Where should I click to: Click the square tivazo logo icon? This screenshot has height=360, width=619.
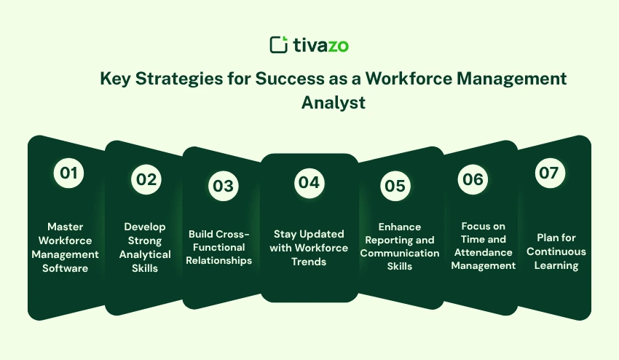pyautogui.click(x=279, y=44)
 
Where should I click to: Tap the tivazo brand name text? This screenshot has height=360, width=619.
pyautogui.click(x=321, y=45)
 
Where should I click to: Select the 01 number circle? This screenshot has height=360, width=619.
pyautogui.click(x=68, y=173)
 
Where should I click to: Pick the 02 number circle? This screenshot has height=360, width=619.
pyautogui.click(x=146, y=179)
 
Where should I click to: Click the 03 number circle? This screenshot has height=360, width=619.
pyautogui.click(x=224, y=186)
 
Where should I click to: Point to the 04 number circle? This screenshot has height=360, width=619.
pyautogui.click(x=309, y=183)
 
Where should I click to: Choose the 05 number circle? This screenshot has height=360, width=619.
pyautogui.click(x=395, y=186)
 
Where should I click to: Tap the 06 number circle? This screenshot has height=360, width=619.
pyautogui.click(x=473, y=179)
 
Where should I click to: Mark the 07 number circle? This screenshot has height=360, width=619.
pyautogui.click(x=550, y=173)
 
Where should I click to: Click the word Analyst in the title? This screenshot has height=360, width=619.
pyautogui.click(x=334, y=103)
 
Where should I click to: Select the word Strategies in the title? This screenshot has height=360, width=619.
pyautogui.click(x=179, y=79)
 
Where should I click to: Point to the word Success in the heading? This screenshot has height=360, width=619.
pyautogui.click(x=290, y=79)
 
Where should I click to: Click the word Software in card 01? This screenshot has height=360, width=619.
pyautogui.click(x=65, y=268)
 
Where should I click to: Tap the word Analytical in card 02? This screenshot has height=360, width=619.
pyautogui.click(x=145, y=255)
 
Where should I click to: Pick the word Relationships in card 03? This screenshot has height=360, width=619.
pyautogui.click(x=218, y=261)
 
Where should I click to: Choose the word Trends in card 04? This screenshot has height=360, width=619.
pyautogui.click(x=309, y=262)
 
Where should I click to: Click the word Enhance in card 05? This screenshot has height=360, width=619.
pyautogui.click(x=400, y=227)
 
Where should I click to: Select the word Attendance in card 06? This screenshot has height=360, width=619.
pyautogui.click(x=484, y=253)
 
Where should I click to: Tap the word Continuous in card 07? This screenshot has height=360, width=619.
pyautogui.click(x=556, y=251)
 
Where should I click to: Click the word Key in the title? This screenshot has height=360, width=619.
pyautogui.click(x=115, y=79)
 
